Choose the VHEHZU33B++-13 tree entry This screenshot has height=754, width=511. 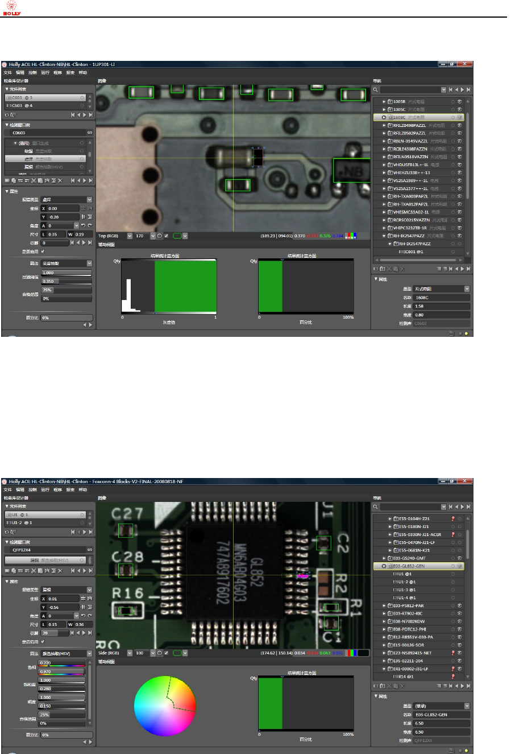pos(412,172)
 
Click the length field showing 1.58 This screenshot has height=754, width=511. pos(442,306)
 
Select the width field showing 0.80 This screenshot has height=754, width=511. pos(442,315)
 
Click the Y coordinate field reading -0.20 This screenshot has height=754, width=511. pos(60,217)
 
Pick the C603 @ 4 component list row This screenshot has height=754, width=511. pos(45,106)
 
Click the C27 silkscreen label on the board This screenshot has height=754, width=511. pos(127,513)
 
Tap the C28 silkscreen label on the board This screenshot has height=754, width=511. pos(127,555)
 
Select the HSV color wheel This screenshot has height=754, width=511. pos(165,707)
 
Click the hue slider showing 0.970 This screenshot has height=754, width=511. pos(63,672)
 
